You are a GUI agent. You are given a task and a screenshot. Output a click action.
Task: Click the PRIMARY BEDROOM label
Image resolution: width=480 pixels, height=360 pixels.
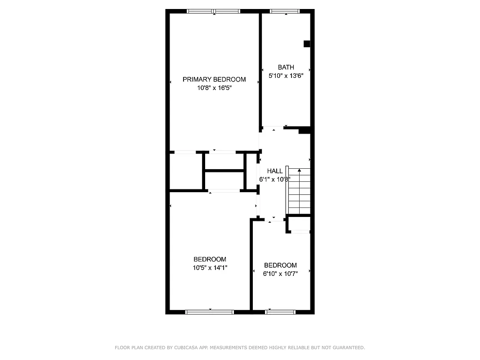(x=214, y=80)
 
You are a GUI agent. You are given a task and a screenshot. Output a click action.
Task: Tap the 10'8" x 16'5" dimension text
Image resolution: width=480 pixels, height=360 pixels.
(x=214, y=88)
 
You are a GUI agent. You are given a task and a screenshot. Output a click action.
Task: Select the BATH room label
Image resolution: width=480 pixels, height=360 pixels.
(x=286, y=67)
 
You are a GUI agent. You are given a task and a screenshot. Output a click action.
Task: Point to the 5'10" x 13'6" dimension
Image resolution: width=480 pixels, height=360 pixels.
(x=286, y=76)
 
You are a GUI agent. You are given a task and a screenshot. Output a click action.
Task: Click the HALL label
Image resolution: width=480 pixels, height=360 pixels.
(x=275, y=171)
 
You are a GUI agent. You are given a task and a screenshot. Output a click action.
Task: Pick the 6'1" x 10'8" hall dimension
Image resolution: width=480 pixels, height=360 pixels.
(x=275, y=179)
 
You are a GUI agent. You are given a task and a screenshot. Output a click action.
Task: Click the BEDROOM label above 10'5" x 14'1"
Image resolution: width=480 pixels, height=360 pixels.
(x=210, y=259)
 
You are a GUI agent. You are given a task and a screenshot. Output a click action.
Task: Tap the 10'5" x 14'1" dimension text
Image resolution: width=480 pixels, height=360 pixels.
(x=210, y=268)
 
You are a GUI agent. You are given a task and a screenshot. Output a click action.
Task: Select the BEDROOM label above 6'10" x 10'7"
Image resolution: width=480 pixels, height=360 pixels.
(x=280, y=265)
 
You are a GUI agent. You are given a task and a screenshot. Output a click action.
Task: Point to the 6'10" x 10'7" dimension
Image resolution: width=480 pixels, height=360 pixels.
(x=280, y=273)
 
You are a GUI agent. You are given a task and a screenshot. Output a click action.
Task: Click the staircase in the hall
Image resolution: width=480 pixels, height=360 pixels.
(x=299, y=191)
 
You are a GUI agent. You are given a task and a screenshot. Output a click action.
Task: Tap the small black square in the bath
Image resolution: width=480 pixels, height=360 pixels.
(x=307, y=44)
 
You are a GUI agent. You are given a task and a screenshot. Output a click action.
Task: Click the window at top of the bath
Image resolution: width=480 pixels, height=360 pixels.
(x=285, y=11)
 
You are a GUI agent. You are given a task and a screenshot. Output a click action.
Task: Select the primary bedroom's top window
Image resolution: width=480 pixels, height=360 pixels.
(x=214, y=11)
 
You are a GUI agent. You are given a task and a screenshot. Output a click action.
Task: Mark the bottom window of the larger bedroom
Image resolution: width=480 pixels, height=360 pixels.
(x=210, y=311)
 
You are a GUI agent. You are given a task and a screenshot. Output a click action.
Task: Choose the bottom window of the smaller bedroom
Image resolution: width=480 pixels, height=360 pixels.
(x=280, y=311)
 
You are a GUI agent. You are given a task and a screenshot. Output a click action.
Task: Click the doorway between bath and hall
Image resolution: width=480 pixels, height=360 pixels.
(x=273, y=128)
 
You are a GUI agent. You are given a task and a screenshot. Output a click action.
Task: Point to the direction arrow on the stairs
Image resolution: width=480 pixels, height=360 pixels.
(x=299, y=171)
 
